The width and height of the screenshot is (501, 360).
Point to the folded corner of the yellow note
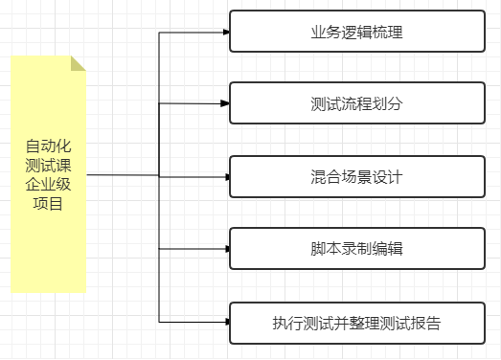79,63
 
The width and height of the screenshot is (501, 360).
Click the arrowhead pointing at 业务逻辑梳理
226,32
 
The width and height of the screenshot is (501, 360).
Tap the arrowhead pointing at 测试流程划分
226,103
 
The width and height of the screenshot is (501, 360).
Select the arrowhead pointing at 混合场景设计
226,176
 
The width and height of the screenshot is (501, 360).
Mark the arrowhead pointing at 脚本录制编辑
226,249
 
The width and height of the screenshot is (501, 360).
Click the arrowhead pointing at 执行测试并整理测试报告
226,322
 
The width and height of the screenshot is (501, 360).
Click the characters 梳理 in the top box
387,32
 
